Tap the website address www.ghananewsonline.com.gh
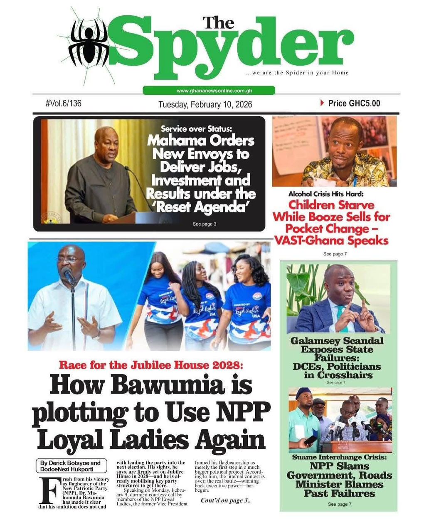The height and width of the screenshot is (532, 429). [209, 91]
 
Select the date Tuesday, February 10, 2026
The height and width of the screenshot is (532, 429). [205, 104]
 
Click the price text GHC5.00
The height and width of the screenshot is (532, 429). [354, 103]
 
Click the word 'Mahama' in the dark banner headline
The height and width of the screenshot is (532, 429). [175, 140]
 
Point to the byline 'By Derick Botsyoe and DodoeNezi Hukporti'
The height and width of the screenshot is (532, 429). [70, 466]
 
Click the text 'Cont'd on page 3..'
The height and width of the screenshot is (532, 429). [226, 500]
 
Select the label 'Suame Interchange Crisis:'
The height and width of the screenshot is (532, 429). [339, 457]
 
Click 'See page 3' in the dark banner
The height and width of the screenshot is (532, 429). [205, 224]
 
